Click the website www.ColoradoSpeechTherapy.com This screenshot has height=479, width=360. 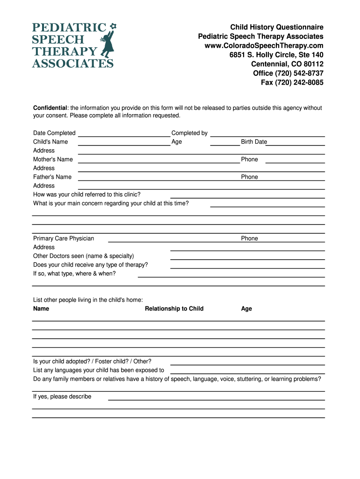tap(264, 45)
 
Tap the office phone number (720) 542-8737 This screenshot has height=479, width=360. tap(288, 73)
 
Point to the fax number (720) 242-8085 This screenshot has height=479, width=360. tap(292, 83)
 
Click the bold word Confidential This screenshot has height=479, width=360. tap(50, 108)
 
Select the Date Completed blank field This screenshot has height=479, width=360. tap(123, 134)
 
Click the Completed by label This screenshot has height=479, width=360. tap(189, 133)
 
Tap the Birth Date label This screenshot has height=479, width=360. tap(254, 142)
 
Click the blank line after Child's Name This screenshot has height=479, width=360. tap(123, 143)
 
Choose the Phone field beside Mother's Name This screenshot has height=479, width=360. tap(295, 160)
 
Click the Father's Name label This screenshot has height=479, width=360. tap(52, 177)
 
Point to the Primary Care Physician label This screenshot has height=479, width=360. tap(64, 239)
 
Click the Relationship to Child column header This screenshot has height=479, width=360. tap(174, 309)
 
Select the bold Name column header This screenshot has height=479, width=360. tap(41, 309)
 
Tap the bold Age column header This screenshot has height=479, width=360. tap(246, 309)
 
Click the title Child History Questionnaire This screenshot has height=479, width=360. tap(276, 27)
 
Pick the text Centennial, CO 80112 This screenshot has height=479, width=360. tap(287, 64)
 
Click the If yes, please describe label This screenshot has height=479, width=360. tap(62, 397)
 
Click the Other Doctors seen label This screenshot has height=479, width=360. tap(83, 256)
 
